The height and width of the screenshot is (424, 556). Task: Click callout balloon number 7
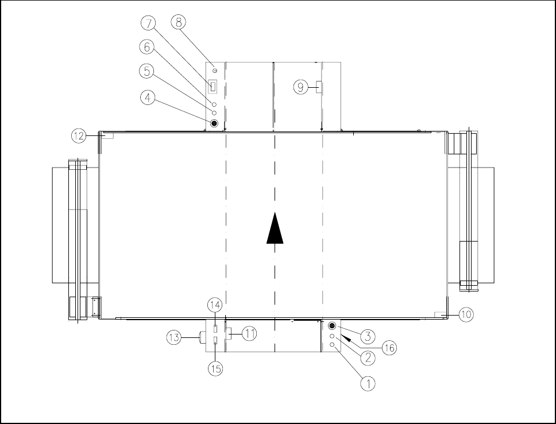pyautogui.click(x=149, y=24)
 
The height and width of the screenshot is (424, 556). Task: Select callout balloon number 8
pyautogui.click(x=179, y=22)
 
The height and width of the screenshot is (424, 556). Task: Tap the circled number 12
pyautogui.click(x=79, y=136)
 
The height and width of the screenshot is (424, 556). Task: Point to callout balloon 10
pyautogui.click(x=466, y=314)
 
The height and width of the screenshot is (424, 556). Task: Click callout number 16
pyautogui.click(x=389, y=348)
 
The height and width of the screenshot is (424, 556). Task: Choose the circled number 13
pyautogui.click(x=173, y=337)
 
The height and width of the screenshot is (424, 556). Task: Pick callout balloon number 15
pyautogui.click(x=215, y=369)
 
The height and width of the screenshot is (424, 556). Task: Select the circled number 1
pyautogui.click(x=368, y=383)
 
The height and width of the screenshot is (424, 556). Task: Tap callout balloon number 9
pyautogui.click(x=301, y=87)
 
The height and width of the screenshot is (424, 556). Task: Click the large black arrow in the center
pyautogui.click(x=275, y=228)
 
